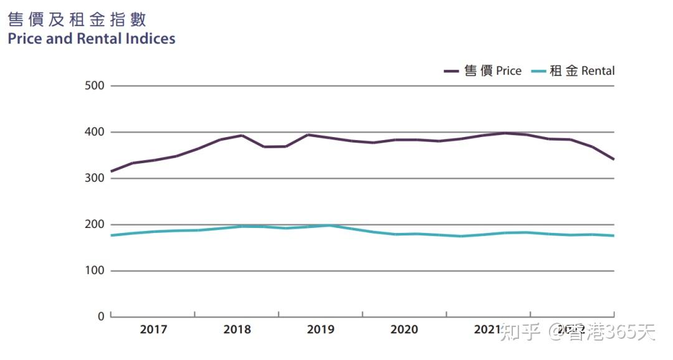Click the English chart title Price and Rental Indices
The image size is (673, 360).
point(92,39)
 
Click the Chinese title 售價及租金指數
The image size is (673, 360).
point(77,19)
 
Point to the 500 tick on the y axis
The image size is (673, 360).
point(95,86)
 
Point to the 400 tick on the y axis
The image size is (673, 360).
point(95,132)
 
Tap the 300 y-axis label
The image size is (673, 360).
point(95,178)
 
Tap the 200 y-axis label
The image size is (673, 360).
point(95,224)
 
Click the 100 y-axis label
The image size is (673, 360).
point(95,271)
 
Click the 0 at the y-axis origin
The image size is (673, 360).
point(101,316)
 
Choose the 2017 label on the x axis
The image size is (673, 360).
point(153,329)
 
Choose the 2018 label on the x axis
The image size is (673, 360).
point(237,329)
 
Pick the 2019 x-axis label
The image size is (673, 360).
point(321,329)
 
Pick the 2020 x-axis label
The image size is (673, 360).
point(404,329)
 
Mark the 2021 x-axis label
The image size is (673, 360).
point(487,329)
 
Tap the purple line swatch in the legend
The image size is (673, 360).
point(452,72)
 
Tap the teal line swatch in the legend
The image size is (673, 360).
point(538,72)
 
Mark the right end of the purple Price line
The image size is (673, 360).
point(614,159)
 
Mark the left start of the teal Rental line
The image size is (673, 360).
point(111,235)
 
